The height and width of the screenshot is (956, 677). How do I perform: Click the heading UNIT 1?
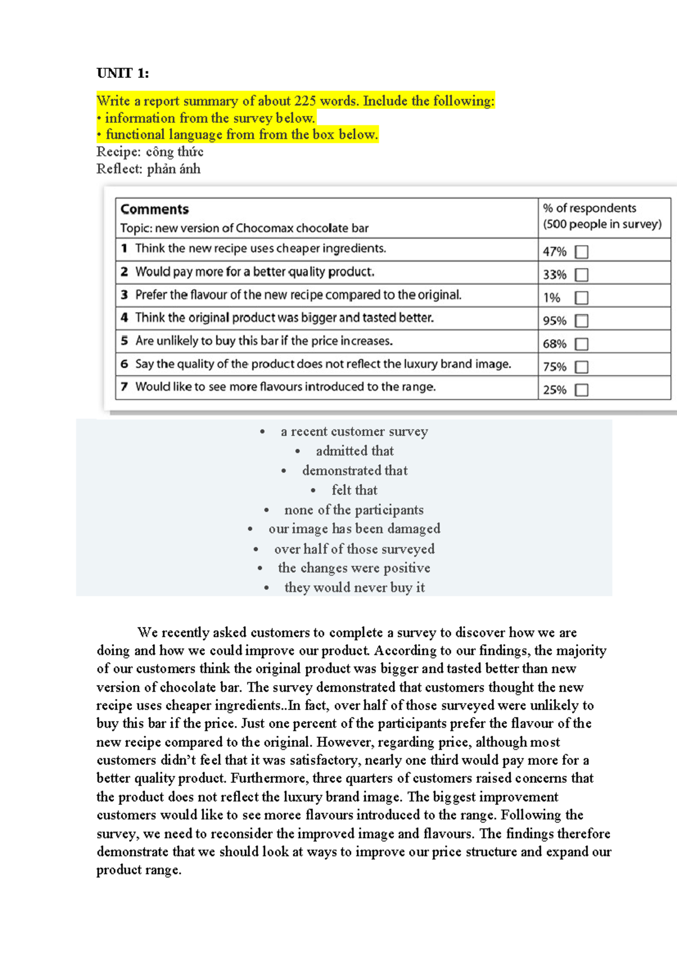tap(122, 73)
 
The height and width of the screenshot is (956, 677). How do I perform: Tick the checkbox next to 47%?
tap(581, 252)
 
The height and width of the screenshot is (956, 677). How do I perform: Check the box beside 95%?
tap(581, 321)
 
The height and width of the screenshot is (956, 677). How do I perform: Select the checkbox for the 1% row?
tap(581, 298)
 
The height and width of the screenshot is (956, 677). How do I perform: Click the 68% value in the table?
tap(554, 344)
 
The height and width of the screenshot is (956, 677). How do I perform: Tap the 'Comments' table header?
tap(155, 209)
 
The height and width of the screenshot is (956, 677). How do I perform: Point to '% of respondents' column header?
tap(589, 208)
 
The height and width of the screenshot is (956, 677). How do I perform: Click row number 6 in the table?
tap(124, 364)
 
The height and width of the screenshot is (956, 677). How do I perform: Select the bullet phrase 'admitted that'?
tap(354, 451)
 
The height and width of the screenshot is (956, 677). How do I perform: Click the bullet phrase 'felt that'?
tap(354, 490)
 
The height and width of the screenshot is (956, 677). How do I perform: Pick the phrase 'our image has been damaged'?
tap(354, 529)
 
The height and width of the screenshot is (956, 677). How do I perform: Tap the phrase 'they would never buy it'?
tap(354, 587)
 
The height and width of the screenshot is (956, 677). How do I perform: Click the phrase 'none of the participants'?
tap(354, 510)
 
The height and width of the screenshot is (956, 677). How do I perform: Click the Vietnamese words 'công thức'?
tap(174, 152)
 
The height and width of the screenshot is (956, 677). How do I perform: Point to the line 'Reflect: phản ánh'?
tap(148, 169)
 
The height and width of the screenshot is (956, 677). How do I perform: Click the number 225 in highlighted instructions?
tap(305, 101)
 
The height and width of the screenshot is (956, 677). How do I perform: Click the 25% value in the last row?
tap(554, 390)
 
